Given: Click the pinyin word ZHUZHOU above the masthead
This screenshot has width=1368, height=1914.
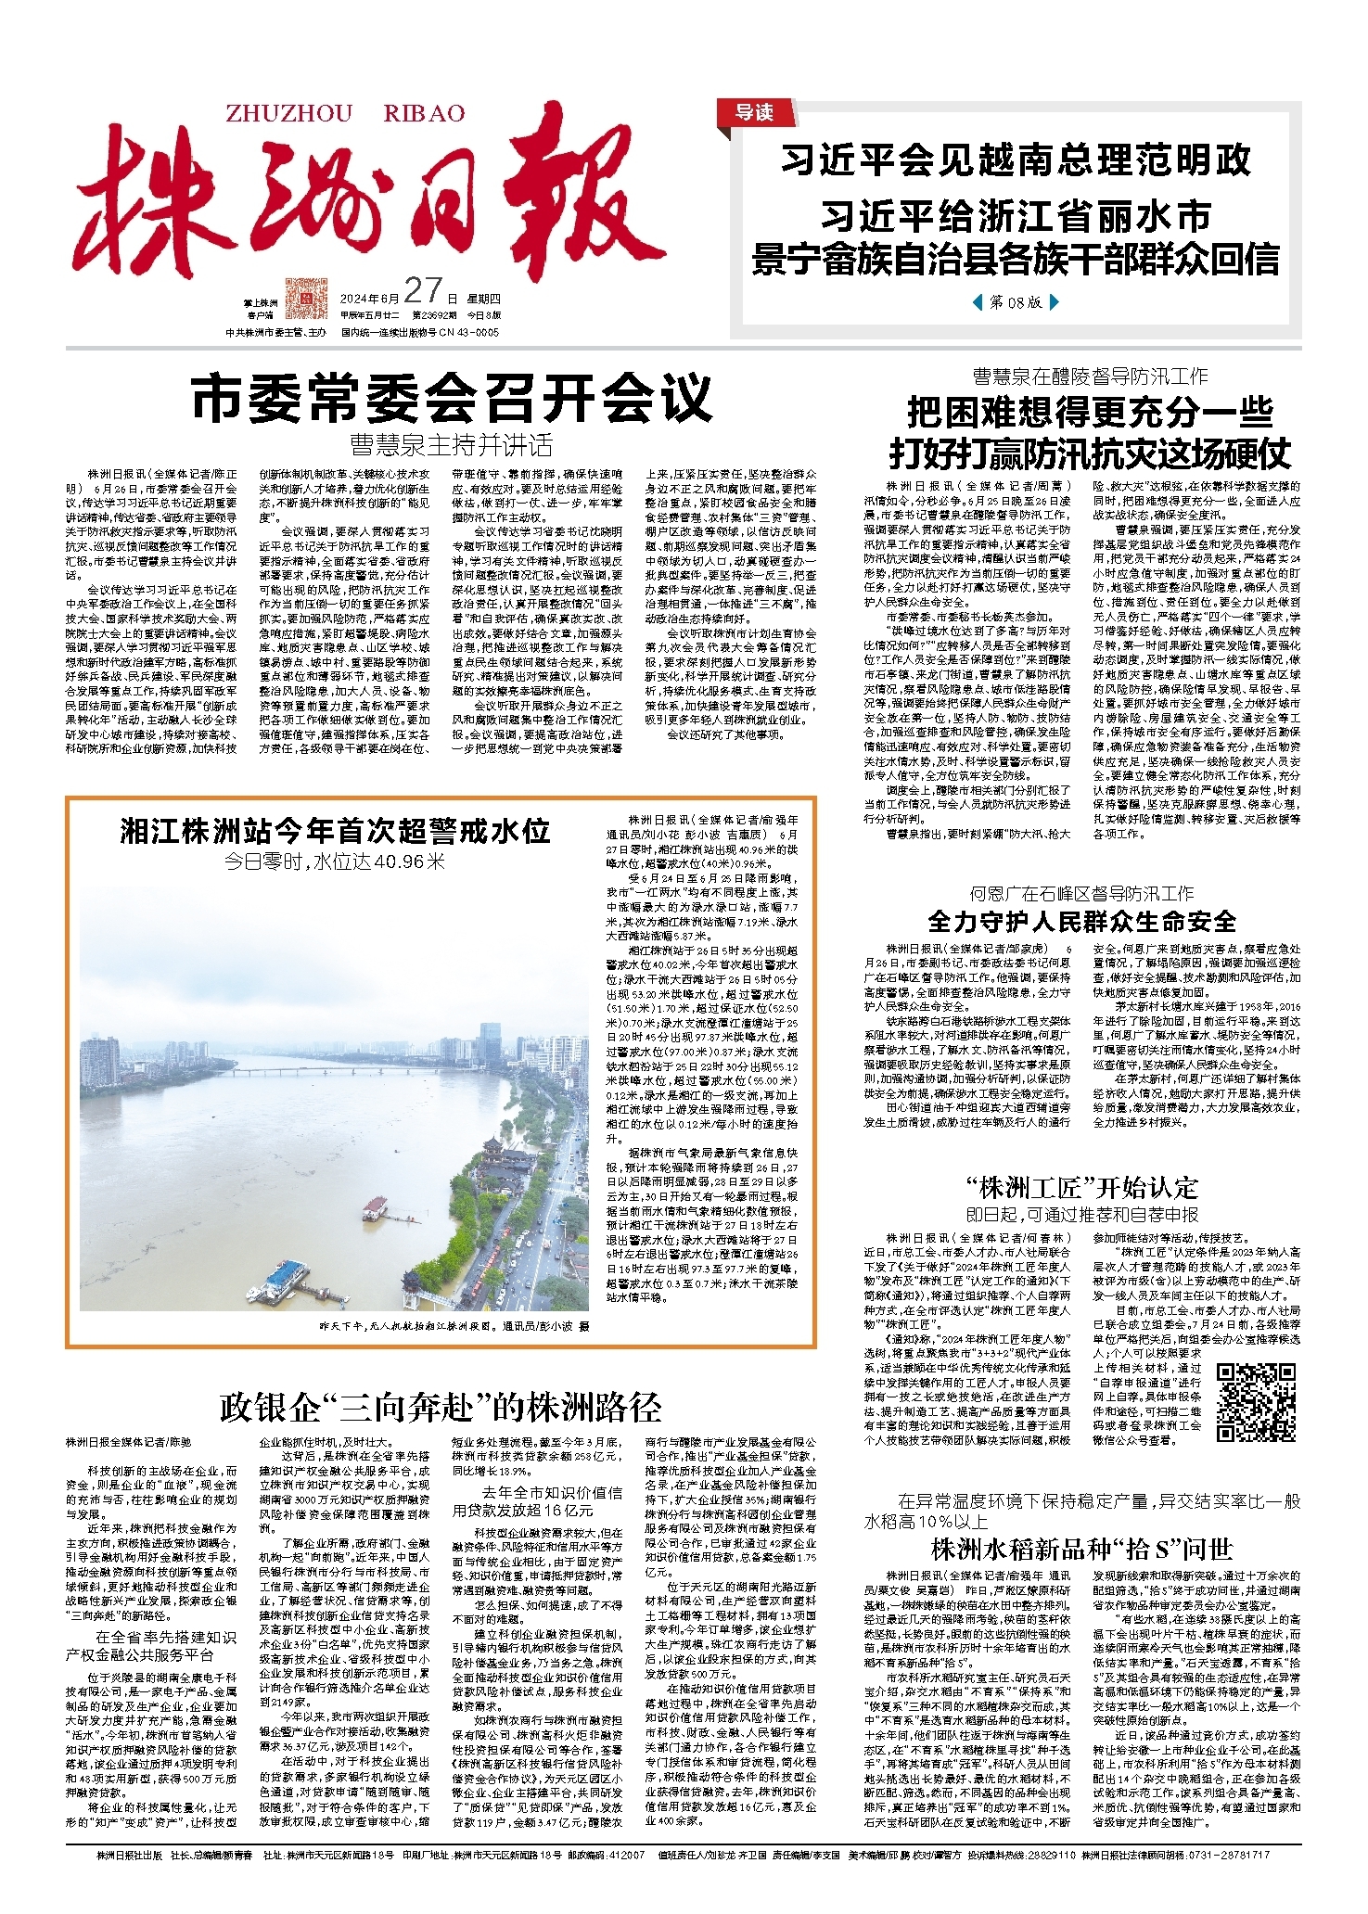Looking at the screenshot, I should tap(289, 113).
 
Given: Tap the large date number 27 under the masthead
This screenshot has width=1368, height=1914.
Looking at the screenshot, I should tap(422, 291).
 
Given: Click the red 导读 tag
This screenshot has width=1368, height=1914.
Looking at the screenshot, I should tap(753, 112).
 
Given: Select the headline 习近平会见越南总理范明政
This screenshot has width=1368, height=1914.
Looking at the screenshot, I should tap(1016, 160).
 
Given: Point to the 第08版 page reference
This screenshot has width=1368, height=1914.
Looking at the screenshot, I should tap(1015, 302).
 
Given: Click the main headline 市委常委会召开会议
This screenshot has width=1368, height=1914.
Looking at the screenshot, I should tap(452, 398).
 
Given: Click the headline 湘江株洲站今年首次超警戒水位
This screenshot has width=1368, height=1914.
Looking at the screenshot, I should tap(335, 830).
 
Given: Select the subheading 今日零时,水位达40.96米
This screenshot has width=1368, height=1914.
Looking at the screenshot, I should tap(335, 861).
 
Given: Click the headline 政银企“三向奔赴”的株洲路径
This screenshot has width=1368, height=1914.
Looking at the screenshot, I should tap(441, 1407).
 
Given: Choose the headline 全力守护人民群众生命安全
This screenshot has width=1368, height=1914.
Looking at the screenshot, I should tap(1081, 921).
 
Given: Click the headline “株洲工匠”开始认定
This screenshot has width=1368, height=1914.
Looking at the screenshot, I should tap(1081, 1188).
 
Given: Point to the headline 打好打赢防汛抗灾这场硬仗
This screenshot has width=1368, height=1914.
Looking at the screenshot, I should tap(1090, 454).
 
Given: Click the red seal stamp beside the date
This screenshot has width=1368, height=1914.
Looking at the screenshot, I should tap(306, 297).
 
